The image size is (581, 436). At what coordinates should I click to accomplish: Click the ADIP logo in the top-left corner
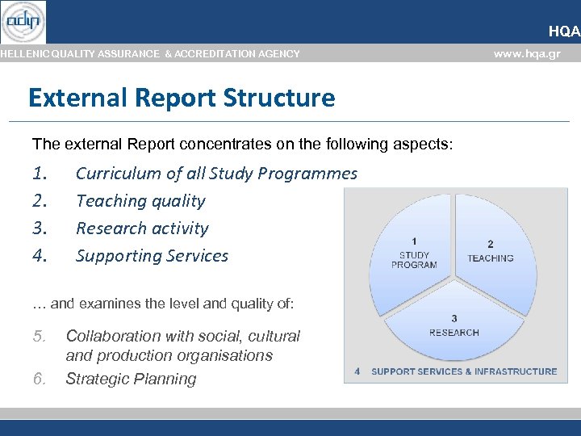pos(23,22)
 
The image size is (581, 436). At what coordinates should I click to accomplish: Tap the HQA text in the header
pos(564,31)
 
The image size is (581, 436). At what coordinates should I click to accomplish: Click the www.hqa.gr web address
pos(527,54)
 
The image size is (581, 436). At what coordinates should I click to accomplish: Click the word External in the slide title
pos(76,99)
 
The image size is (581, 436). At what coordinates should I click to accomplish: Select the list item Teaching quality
pos(140,201)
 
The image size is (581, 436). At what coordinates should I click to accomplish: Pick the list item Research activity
pos(142,228)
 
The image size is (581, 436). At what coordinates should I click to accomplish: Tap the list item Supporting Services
pos(152,256)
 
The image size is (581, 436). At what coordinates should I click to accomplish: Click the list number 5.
pos(40,336)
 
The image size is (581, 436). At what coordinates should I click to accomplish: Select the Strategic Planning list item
pos(131,379)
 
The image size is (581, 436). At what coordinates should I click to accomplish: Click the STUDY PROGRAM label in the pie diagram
pos(414,259)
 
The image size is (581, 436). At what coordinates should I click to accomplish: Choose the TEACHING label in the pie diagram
pos(490,258)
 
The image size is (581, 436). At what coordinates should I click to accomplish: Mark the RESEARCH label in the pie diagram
pos(454,332)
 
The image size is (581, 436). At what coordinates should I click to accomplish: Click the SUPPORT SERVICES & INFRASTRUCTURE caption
pos(463,371)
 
